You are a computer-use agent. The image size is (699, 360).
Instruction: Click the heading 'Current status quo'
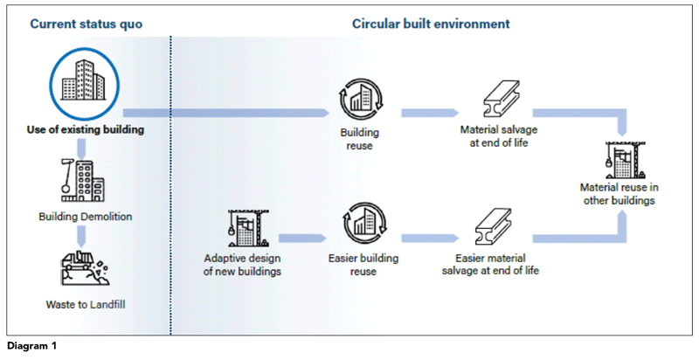tap(86, 24)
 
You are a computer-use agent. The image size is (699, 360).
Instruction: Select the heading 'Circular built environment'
tap(430, 24)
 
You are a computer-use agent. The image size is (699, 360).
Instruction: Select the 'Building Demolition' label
tap(86, 216)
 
